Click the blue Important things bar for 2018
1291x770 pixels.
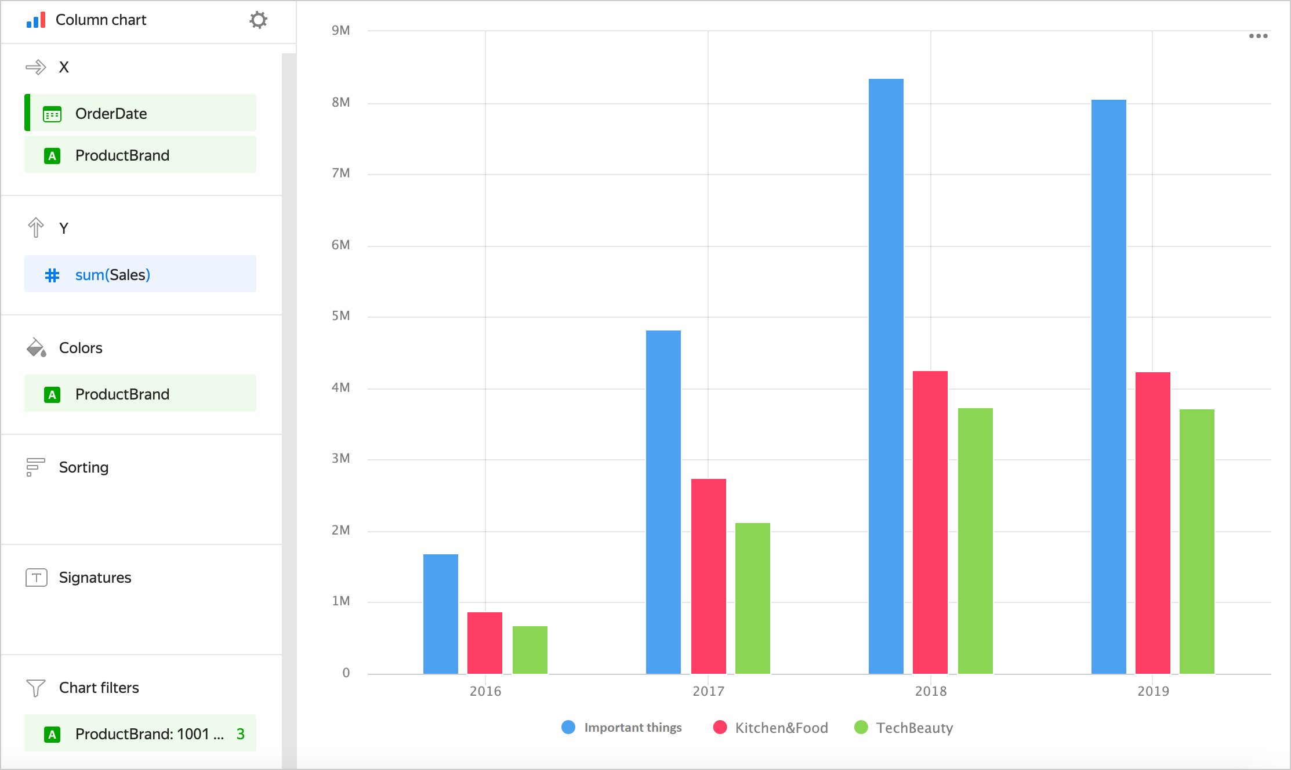886,377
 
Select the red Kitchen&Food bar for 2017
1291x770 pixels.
708,576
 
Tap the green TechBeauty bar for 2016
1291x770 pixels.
530,650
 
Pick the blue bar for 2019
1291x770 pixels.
1108,387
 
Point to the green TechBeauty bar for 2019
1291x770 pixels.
1196,542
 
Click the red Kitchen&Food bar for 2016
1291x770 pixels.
485,643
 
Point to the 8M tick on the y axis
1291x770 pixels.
341,103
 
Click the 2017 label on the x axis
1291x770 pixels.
708,691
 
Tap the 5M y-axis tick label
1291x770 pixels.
341,316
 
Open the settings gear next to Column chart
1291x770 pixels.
258,20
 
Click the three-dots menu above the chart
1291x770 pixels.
1258,36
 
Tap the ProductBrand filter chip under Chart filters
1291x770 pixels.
140,733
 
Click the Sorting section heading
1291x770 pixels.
84,467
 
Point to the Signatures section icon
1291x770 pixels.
36,577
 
